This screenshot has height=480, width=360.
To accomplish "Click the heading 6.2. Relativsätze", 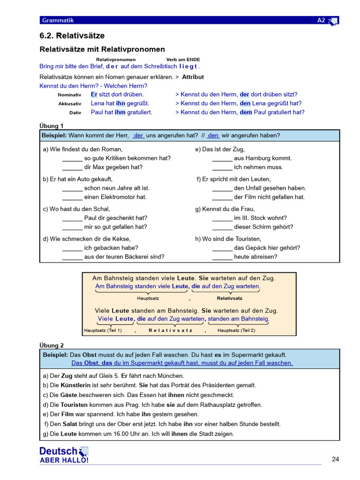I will pyautogui.click(x=72, y=36).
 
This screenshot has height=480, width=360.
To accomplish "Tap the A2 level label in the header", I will pyautogui.click(x=321, y=20).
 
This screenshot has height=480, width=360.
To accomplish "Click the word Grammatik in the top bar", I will pyautogui.click(x=58, y=20).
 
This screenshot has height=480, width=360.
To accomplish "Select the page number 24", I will pyautogui.click(x=335, y=459).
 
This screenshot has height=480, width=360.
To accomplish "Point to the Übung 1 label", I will pyautogui.click(x=51, y=126).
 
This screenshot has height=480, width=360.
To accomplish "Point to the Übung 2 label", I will pyautogui.click(x=51, y=345).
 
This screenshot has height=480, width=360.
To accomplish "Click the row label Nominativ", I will pyautogui.click(x=69, y=95).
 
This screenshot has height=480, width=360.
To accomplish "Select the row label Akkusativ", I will pyautogui.click(x=69, y=104).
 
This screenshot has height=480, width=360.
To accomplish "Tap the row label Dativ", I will pyautogui.click(x=75, y=112).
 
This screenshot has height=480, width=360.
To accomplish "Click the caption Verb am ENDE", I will pyautogui.click(x=183, y=60).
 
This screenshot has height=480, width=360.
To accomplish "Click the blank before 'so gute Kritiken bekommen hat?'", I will pyautogui.click(x=72, y=158).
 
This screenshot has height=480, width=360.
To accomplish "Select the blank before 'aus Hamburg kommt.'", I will pyautogui.click(x=222, y=158).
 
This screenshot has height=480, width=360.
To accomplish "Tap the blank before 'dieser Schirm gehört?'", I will pyautogui.click(x=222, y=227).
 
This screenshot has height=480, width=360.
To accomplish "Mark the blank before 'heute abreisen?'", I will pyautogui.click(x=222, y=257).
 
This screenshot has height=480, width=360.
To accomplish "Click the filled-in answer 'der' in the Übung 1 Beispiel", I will pyautogui.click(x=138, y=135).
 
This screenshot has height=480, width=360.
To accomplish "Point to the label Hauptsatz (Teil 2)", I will pyautogui.click(x=236, y=330).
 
